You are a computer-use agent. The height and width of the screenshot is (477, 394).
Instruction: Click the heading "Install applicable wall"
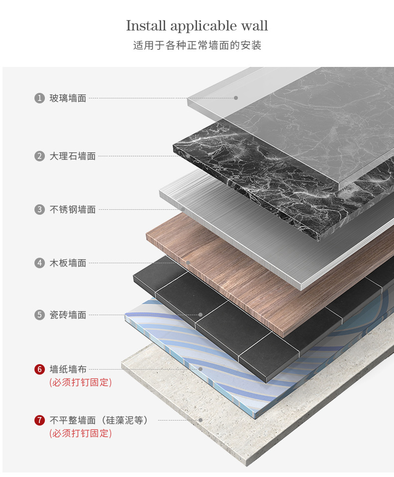click(x=197, y=25)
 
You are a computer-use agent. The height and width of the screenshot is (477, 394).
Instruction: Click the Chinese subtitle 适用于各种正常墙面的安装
click(x=197, y=45)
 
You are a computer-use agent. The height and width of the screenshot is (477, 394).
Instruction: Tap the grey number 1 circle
click(x=39, y=98)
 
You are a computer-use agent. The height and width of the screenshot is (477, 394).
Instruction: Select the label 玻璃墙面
click(x=68, y=98)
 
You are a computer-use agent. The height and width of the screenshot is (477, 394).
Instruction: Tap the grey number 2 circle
click(x=39, y=156)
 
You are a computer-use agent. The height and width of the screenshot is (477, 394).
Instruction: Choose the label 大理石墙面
click(x=72, y=156)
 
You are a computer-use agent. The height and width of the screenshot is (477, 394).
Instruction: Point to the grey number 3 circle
click(x=39, y=209)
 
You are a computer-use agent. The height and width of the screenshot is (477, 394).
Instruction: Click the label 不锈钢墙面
click(x=72, y=210)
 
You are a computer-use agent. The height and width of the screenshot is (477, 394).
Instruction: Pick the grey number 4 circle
click(x=39, y=262)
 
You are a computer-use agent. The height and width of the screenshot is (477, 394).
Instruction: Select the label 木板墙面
click(x=68, y=263)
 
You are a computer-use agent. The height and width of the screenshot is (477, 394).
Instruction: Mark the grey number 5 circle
click(x=39, y=315)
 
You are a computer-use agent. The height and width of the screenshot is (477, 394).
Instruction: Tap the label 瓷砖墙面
click(x=68, y=315)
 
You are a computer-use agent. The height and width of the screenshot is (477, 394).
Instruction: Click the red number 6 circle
click(x=39, y=370)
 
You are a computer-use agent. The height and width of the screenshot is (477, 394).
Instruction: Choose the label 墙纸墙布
click(x=68, y=370)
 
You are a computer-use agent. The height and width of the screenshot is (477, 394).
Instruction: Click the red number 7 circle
click(x=39, y=421)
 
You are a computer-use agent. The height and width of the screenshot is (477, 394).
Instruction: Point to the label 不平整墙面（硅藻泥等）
click(x=99, y=421)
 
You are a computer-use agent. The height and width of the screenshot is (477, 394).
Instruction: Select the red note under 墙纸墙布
click(x=80, y=383)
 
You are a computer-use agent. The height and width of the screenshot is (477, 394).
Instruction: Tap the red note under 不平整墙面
click(x=80, y=434)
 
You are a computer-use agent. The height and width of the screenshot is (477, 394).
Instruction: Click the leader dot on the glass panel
click(x=236, y=98)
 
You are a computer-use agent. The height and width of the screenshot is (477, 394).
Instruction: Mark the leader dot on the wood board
click(x=188, y=263)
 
